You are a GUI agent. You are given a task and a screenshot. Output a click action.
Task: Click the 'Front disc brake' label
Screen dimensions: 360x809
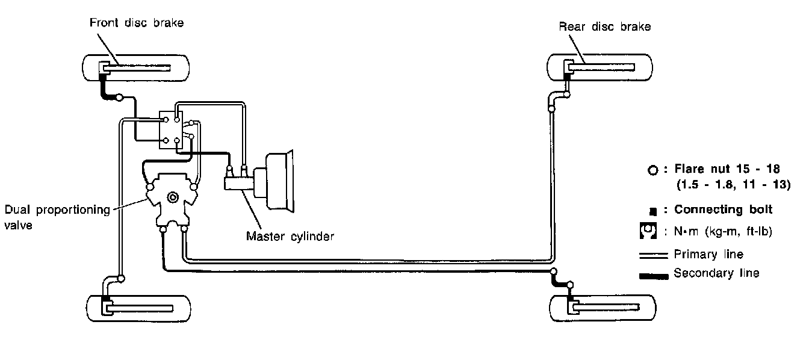click(x=136, y=23)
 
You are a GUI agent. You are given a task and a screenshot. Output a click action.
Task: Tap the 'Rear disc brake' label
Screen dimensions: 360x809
click(x=605, y=26)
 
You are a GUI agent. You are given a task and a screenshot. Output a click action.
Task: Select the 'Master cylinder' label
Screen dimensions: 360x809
click(x=290, y=236)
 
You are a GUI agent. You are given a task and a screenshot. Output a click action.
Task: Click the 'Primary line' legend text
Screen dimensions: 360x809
click(x=708, y=255)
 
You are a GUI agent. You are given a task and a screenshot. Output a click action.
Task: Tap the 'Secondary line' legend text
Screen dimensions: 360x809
click(x=716, y=273)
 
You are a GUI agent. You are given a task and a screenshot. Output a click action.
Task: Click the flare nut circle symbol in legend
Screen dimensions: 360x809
click(x=653, y=171)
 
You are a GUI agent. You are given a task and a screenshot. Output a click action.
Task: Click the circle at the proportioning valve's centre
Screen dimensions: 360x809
click(x=173, y=196)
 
